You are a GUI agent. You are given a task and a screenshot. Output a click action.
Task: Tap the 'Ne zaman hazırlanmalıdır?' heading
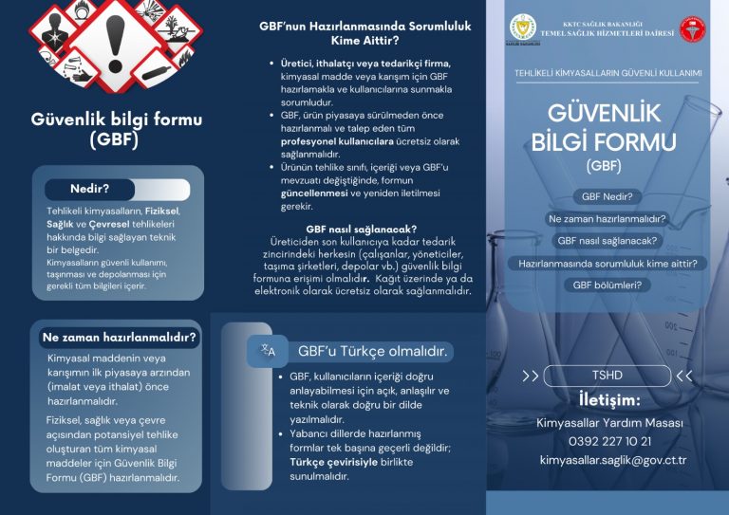119,337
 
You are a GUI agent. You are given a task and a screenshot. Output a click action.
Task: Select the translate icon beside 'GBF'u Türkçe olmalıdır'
267,351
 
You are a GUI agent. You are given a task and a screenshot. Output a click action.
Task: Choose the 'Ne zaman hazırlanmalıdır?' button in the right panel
607,219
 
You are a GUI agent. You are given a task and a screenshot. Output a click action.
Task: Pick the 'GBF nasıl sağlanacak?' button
607,241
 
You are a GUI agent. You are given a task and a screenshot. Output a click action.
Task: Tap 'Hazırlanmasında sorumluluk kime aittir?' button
607,263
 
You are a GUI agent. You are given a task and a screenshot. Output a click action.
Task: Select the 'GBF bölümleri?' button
607,285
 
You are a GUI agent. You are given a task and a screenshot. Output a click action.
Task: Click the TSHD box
607,376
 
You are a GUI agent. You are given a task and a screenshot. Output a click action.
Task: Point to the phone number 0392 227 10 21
609,441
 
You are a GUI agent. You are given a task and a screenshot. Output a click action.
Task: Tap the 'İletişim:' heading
609,399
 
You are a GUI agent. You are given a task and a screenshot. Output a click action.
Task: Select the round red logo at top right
695,29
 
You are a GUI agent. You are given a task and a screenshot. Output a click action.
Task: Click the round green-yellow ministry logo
523,29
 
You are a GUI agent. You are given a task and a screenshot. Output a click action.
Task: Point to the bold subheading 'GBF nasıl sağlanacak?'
364,229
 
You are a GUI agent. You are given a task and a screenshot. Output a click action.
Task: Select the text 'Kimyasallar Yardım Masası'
609,422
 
